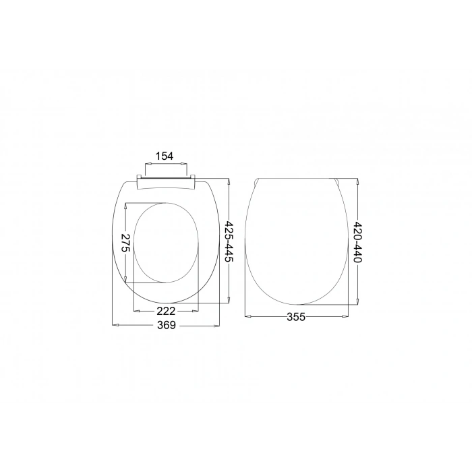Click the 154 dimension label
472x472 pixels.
click(165, 156)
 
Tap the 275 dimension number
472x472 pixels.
click(125, 243)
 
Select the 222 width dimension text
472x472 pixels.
click(166, 311)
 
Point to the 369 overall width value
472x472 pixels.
click(167, 325)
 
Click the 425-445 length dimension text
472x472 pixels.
click(229, 241)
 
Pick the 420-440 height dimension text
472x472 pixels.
click(357, 242)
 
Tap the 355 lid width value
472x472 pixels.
click(296, 317)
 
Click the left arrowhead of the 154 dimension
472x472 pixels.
click(148, 164)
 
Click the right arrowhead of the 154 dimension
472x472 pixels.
click(184, 164)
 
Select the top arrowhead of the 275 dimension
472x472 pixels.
click(125, 206)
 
